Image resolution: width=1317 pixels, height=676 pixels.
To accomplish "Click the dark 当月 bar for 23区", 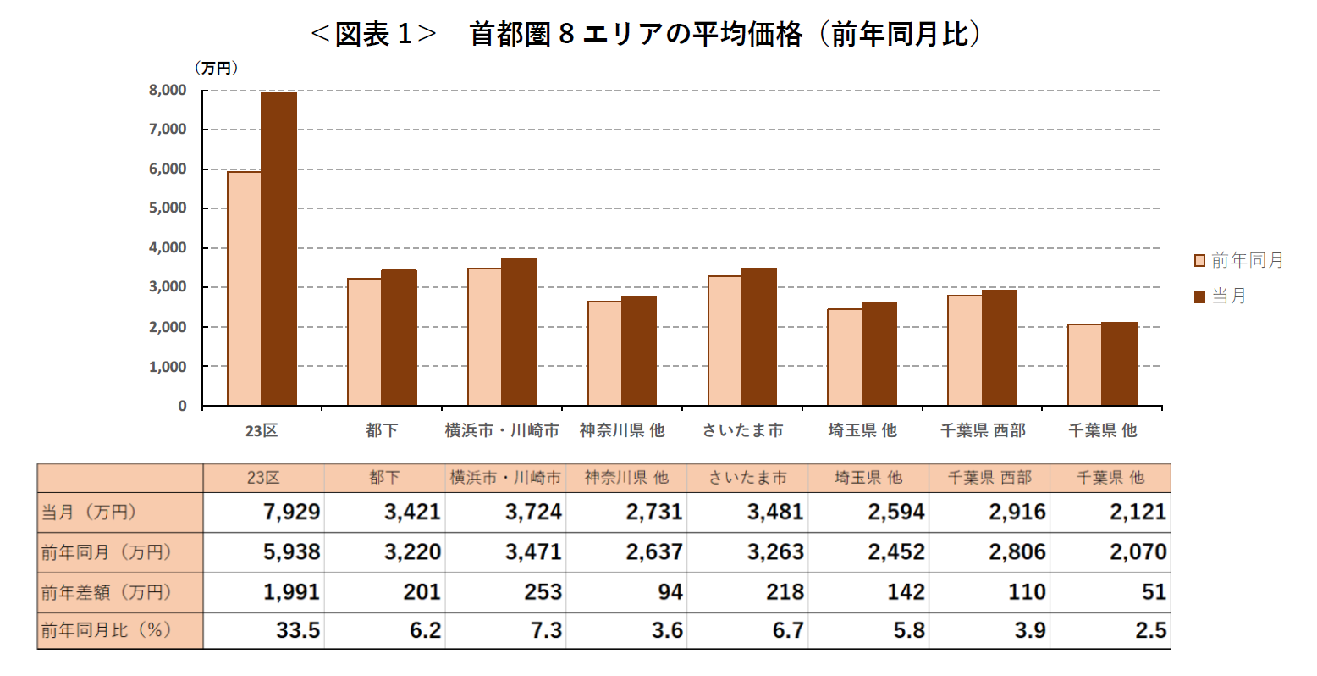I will coord(278,249).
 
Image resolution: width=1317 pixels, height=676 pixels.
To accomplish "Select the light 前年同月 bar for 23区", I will coord(245,289).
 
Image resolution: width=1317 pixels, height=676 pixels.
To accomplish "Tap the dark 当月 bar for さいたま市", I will coord(758,337).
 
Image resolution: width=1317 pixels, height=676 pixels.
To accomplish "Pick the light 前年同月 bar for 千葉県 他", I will coord(1084,365).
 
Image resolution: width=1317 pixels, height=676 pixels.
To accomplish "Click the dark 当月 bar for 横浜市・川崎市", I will coord(518,332).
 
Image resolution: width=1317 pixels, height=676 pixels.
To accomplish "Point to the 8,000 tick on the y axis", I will coord(168,90).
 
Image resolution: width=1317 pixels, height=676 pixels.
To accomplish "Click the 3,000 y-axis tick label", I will coord(168,287).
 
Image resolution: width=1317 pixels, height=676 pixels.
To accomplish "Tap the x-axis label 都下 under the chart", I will coord(382,430).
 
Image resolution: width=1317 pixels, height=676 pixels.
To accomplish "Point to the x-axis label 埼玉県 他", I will coord(862,430).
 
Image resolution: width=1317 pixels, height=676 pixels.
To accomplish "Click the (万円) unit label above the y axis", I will coord(217,69).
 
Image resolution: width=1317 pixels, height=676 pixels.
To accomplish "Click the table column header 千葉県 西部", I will coord(989,478).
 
